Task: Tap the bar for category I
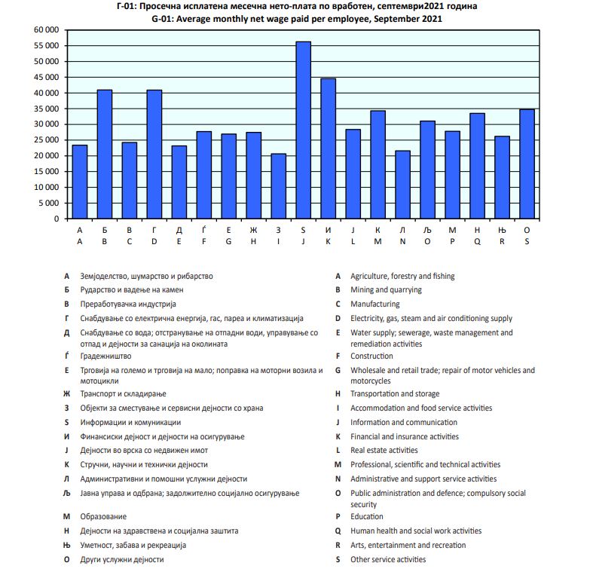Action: click(x=278, y=186)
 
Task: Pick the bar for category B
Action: click(x=105, y=154)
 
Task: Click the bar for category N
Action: click(x=402, y=185)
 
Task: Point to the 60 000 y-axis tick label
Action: click(x=47, y=30)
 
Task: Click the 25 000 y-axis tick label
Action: click(x=47, y=140)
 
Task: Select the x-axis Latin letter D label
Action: click(x=154, y=242)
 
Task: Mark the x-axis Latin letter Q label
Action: click(x=477, y=242)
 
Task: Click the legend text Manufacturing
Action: click(x=374, y=304)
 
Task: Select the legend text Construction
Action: click(x=371, y=356)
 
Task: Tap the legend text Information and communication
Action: click(x=404, y=423)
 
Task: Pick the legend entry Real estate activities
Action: click(x=384, y=451)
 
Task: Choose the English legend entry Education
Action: click(x=367, y=517)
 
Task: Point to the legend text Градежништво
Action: click(x=105, y=356)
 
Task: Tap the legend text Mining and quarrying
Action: click(x=386, y=290)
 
